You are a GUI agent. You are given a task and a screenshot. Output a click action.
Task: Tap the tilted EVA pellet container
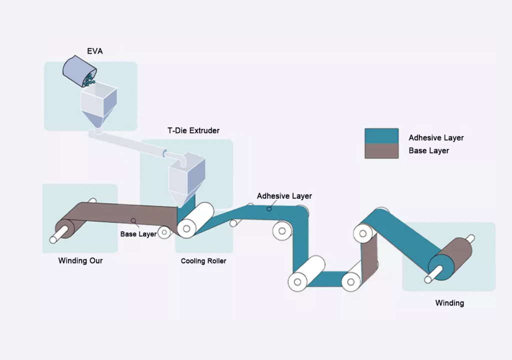coord(77,70)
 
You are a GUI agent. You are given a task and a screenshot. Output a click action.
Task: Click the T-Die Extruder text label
coord(193,131)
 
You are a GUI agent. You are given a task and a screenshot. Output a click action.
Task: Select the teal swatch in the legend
coord(381,136)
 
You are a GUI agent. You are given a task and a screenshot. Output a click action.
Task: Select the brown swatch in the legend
coord(381,150)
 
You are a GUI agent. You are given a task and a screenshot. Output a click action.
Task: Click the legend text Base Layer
coord(428,150)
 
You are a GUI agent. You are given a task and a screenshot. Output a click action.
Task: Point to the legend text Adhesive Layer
coord(436,137)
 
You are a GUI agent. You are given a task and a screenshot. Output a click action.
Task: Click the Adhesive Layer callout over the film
coord(284,196)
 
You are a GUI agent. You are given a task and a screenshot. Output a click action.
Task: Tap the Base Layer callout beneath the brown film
coord(138,233)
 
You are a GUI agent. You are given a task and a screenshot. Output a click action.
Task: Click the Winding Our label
coord(80,260)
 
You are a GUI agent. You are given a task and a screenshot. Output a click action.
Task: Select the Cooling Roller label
coord(203,261)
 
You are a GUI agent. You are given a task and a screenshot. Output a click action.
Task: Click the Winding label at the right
coord(449,303)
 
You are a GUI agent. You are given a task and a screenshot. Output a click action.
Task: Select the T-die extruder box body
coord(186,175)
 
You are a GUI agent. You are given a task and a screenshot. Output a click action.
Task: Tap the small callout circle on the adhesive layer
coord(269,208)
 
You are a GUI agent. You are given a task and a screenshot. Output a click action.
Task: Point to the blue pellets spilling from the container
coord(89,79)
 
